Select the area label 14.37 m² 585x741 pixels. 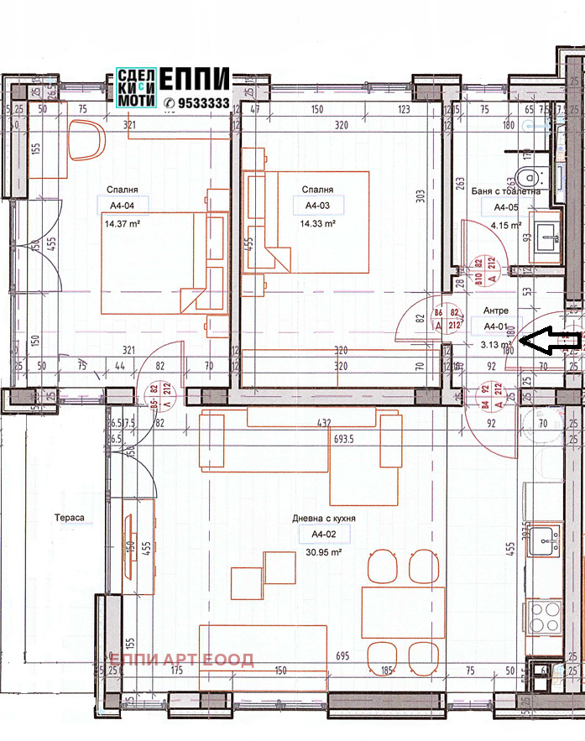coord(122,224)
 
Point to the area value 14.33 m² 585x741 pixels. coord(316,224)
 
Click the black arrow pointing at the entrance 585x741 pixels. coord(550,340)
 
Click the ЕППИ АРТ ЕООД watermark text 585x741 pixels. coord(181,660)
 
